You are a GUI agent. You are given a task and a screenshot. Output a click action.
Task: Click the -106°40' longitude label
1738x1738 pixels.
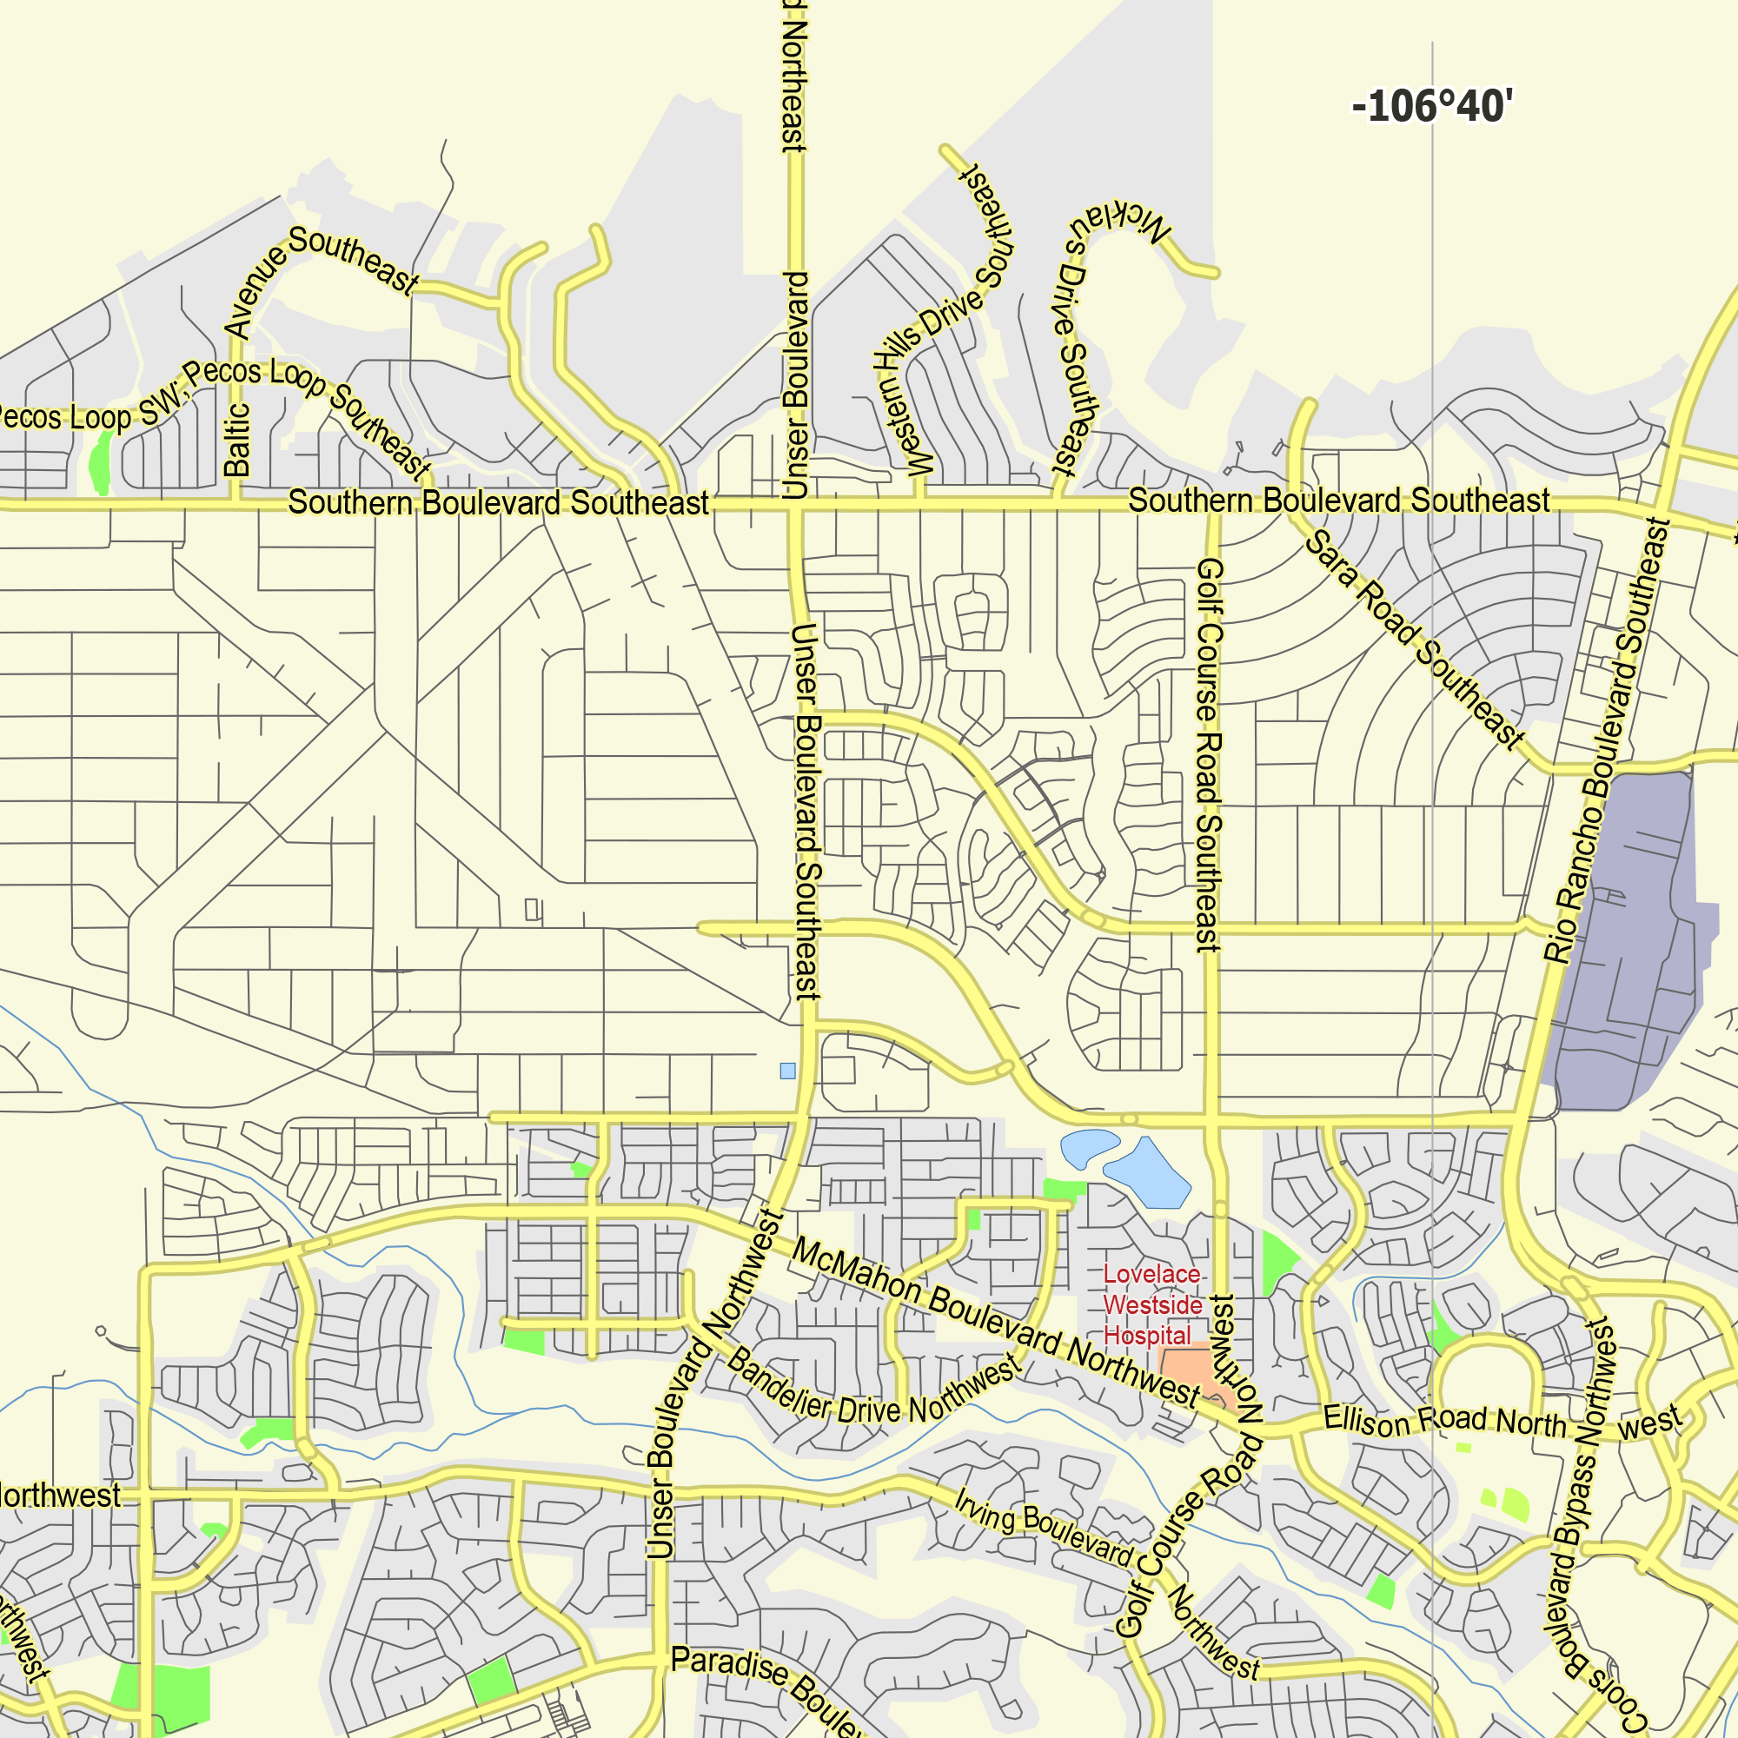pos(1432,106)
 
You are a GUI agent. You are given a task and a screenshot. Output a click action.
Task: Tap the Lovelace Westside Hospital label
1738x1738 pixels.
pos(1152,1304)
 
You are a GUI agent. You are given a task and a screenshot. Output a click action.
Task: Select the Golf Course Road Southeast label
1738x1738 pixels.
pos(1209,755)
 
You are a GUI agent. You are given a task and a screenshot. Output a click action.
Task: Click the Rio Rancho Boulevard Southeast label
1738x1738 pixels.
pos(1606,742)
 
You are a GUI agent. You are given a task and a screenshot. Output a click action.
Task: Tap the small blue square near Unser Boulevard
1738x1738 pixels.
pos(787,1071)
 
